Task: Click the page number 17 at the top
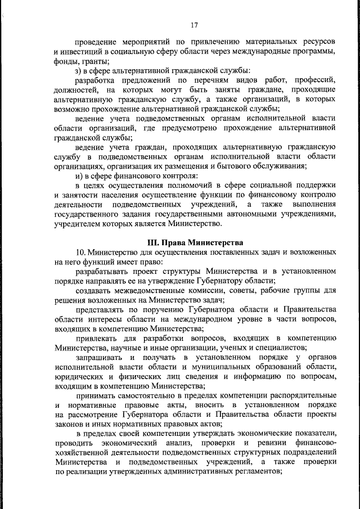[195, 25]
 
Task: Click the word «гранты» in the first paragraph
[96, 62]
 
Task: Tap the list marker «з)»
[79, 71]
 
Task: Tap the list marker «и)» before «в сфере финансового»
[79, 176]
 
